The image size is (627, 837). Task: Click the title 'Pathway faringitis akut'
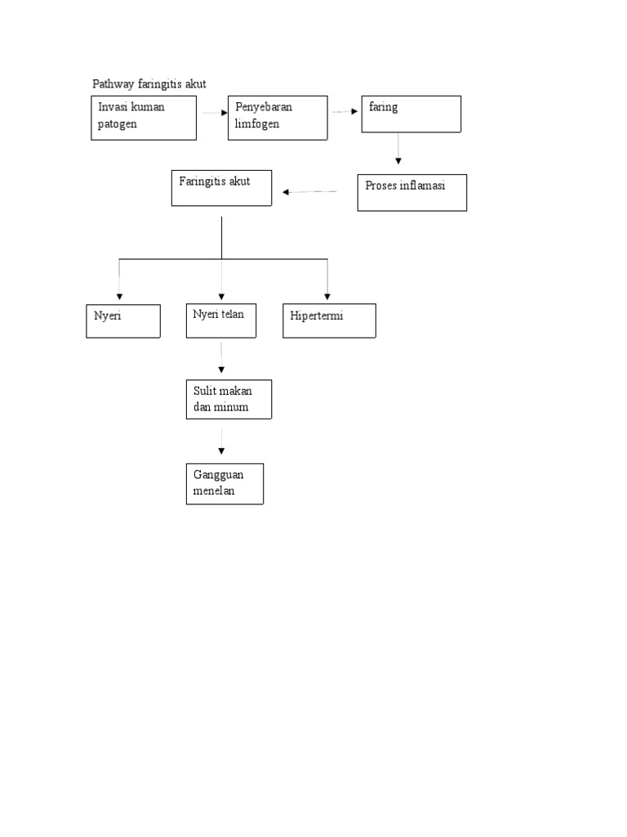[x=148, y=84]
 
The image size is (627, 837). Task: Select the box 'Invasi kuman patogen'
[x=144, y=118]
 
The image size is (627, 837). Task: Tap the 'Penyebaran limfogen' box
[x=278, y=118]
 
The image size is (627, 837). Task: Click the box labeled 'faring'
[x=411, y=114]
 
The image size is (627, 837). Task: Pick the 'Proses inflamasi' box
[x=412, y=193]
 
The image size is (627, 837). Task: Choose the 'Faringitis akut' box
[x=221, y=188]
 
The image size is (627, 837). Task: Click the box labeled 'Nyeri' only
[x=123, y=320]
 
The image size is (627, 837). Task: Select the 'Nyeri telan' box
[x=220, y=320]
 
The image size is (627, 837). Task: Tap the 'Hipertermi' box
[x=329, y=320]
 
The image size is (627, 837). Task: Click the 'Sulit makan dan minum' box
[x=229, y=399]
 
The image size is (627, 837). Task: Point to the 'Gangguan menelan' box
[x=225, y=484]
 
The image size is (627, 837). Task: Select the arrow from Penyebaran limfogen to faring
[x=345, y=112]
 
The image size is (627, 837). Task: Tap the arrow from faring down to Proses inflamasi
[x=398, y=150]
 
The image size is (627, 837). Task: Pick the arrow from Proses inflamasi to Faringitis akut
[x=310, y=192]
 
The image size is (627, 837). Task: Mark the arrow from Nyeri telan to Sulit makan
[x=221, y=358]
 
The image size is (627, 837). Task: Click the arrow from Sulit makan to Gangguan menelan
[x=221, y=441]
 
